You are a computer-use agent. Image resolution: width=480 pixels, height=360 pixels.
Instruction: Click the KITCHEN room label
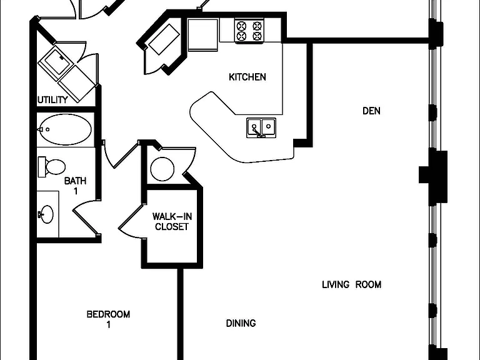(x=247, y=77)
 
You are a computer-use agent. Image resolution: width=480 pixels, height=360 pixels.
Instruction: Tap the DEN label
(x=371, y=111)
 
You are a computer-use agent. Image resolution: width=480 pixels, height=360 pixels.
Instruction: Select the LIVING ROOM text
(x=351, y=285)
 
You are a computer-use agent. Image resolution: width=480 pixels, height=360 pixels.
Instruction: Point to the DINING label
(x=241, y=323)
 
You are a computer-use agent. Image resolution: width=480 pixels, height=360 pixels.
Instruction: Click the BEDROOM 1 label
(x=108, y=319)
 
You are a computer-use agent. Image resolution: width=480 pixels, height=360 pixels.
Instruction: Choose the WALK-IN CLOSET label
(x=172, y=222)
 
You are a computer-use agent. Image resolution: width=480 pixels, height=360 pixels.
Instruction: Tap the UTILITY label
(x=52, y=100)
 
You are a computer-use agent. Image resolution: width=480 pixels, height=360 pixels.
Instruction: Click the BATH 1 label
(x=75, y=186)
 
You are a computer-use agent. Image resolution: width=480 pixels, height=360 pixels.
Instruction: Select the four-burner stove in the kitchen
(x=249, y=31)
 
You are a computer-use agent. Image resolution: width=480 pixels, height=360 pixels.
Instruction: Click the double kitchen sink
(x=261, y=127)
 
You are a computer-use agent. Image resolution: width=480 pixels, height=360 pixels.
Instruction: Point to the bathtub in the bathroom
(x=66, y=129)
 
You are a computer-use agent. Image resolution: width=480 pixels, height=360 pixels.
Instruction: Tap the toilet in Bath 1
(x=51, y=167)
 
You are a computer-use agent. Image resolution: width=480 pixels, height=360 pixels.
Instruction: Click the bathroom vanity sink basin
(x=46, y=214)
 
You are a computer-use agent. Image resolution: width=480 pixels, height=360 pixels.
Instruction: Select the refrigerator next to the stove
(x=202, y=34)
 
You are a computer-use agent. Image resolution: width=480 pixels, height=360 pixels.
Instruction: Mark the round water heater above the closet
(x=162, y=169)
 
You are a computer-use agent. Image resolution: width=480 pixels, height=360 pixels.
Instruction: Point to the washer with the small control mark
(x=56, y=62)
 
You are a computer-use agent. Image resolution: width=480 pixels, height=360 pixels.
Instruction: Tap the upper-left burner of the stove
(x=242, y=26)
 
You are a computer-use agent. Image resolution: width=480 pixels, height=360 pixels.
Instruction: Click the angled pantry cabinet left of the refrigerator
(x=164, y=39)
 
